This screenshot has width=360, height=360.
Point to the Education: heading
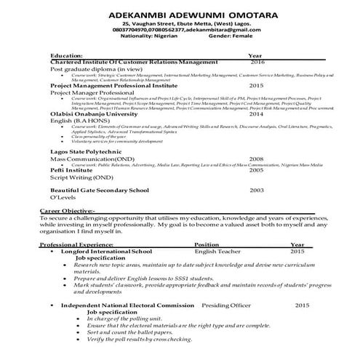coord(66,55)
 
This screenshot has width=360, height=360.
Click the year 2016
coord(257,63)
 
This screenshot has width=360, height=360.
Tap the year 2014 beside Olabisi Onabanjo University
coord(256,114)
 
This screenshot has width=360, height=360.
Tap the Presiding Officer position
coord(225,305)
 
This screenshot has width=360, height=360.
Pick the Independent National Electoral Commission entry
coord(127,305)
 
